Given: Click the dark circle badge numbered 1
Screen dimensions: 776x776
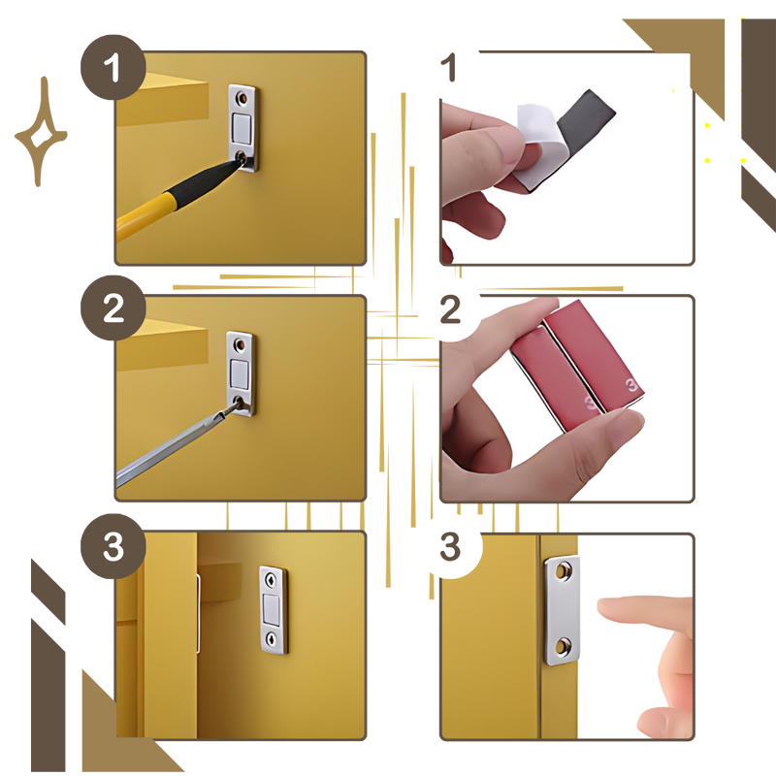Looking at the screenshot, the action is tap(113, 67).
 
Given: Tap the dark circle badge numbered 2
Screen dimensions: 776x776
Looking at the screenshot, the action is tap(113, 307).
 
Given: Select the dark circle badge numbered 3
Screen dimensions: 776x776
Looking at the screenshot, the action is tap(113, 546).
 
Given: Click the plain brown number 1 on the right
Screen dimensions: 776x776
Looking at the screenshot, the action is tap(448, 67).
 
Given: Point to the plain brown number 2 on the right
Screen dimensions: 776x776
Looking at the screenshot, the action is tap(450, 309).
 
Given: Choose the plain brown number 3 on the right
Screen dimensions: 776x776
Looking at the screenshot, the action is tap(450, 546).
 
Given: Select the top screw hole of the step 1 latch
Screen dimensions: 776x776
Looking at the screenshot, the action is tap(242, 98).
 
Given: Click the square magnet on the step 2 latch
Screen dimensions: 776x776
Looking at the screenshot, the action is tap(240, 374).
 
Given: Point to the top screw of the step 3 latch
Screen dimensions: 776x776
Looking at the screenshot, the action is tap(271, 580).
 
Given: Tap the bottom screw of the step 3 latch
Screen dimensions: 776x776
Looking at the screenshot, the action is tap(272, 637).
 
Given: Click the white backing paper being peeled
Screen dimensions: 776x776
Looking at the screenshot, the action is tap(537, 144).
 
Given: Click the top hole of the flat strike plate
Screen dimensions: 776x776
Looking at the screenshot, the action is tap(563, 571).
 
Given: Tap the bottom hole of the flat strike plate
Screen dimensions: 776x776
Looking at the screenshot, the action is tap(564, 646).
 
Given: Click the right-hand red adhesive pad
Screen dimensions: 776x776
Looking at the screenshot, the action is tap(595, 354).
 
